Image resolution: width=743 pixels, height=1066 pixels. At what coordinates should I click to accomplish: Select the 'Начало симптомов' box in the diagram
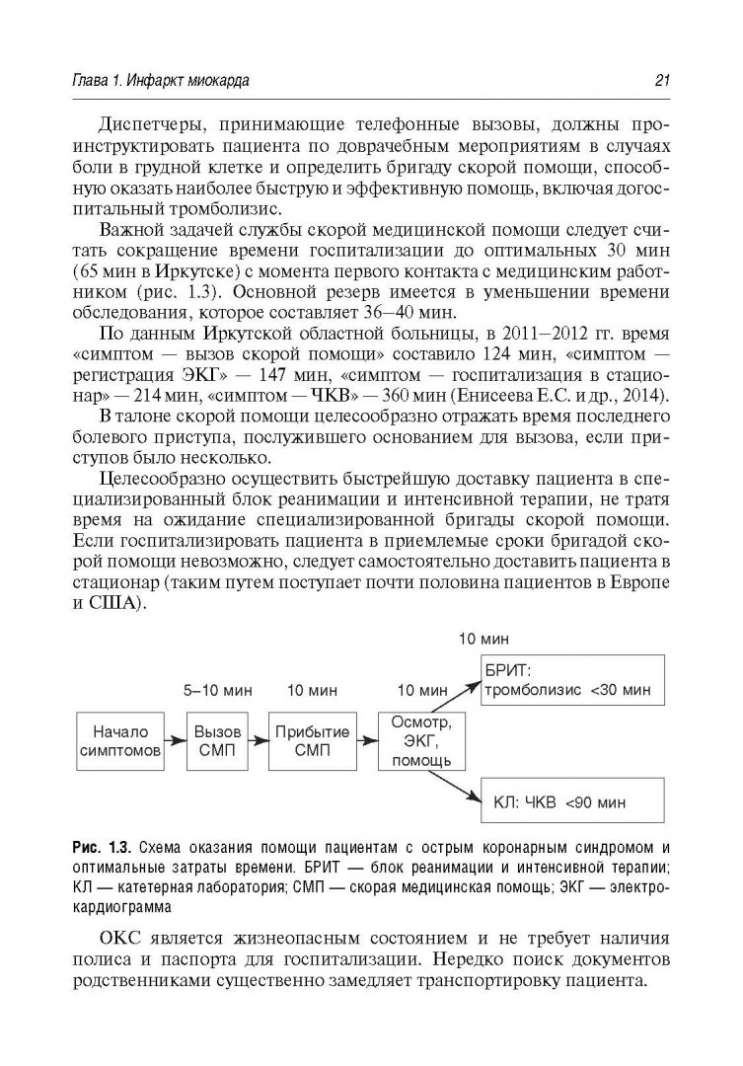click(x=119, y=741)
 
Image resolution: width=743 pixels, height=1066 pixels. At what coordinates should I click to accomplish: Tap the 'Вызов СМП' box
click(x=215, y=741)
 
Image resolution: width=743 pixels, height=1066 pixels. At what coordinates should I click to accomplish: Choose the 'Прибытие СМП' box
click(x=313, y=741)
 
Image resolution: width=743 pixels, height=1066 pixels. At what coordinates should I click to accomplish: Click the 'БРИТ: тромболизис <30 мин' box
click(x=569, y=680)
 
